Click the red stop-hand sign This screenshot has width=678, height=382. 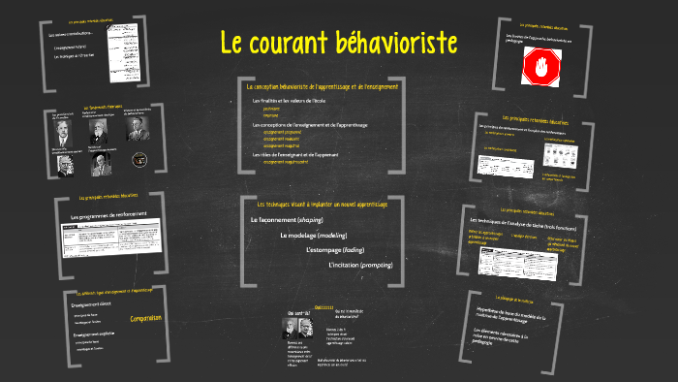pyautogui.click(x=540, y=66)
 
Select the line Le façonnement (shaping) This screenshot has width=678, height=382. pyautogui.click(x=286, y=221)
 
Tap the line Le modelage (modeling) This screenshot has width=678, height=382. pyautogui.click(x=314, y=236)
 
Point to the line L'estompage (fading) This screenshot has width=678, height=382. pyautogui.click(x=335, y=250)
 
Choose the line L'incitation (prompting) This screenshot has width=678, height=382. pyautogui.click(x=360, y=265)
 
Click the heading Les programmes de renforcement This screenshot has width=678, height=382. pyautogui.click(x=106, y=214)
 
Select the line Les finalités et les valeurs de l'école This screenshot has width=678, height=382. pyautogui.click(x=291, y=101)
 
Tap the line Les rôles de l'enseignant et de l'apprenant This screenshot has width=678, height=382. pyautogui.click(x=295, y=155)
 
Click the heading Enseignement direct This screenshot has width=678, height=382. pyautogui.click(x=93, y=304)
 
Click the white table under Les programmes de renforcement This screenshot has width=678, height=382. pyautogui.click(x=102, y=239)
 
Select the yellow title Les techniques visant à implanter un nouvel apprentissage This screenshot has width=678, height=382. pyautogui.click(x=321, y=206)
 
